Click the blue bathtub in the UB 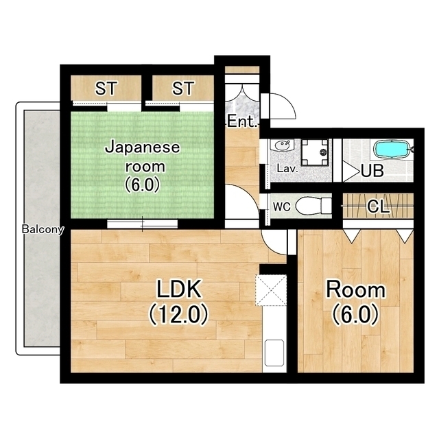(x=392, y=150)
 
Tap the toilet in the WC (x=313, y=206)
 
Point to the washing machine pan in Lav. (x=315, y=152)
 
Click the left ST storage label (x=106, y=88)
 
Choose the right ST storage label (x=183, y=88)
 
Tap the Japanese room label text (x=142, y=156)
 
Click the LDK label (x=178, y=289)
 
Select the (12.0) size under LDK (x=178, y=315)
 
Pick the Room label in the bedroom (x=355, y=290)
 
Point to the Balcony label (x=43, y=229)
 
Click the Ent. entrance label (x=242, y=122)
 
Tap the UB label (x=372, y=171)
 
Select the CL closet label (x=378, y=207)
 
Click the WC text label (x=282, y=207)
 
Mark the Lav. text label (x=287, y=169)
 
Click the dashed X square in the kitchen (x=271, y=290)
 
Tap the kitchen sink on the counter (x=274, y=353)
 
